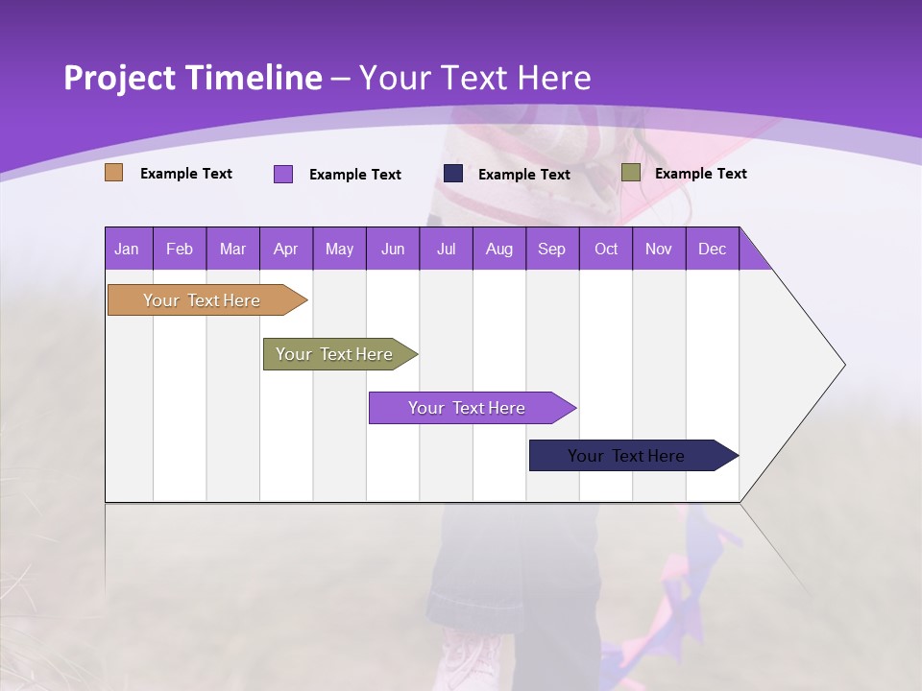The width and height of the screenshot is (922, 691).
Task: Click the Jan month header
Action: tap(128, 249)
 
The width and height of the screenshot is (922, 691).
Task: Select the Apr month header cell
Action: tap(286, 249)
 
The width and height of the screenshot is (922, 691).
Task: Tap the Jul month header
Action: tap(446, 249)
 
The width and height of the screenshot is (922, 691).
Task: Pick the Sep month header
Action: tap(552, 249)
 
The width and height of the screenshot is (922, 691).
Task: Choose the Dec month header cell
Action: tap(712, 249)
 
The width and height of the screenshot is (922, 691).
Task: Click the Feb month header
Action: tap(180, 249)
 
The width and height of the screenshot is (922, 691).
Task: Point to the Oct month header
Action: tap(606, 249)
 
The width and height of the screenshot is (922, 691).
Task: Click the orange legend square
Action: tap(114, 173)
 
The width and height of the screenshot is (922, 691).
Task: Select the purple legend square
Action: tap(283, 174)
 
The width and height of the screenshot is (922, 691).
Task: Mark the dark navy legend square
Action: tap(453, 173)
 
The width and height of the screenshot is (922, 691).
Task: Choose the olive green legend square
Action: tap(631, 173)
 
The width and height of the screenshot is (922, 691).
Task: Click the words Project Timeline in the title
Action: tap(193, 78)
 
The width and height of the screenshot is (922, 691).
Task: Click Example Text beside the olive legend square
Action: tap(700, 174)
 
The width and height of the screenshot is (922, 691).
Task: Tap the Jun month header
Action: tap(393, 249)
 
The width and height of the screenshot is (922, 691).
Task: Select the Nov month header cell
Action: tap(659, 249)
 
